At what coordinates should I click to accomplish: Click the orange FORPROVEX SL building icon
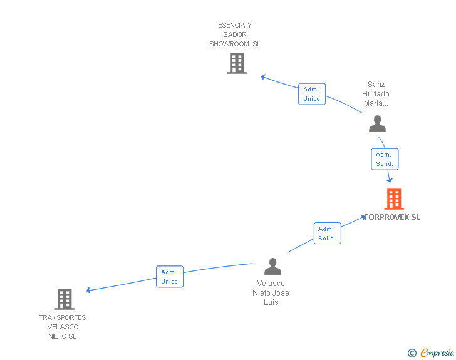click(393, 199)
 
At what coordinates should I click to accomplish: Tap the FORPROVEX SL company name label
click(393, 217)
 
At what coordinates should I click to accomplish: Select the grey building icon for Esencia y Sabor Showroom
click(236, 63)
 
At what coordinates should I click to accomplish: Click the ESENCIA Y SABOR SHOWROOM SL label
click(235, 34)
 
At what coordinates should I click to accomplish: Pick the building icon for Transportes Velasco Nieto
click(65, 299)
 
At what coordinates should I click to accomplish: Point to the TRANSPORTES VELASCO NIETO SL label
click(63, 327)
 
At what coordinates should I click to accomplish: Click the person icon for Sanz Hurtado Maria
click(377, 124)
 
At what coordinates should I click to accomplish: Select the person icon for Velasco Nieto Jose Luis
click(272, 267)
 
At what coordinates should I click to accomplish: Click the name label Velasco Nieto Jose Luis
click(271, 293)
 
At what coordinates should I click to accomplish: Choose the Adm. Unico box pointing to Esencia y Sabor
click(311, 94)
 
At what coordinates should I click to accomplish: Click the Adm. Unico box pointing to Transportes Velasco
click(169, 277)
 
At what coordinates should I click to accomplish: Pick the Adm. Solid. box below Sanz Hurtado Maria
click(384, 159)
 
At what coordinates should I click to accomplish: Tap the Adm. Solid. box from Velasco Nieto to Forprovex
click(327, 234)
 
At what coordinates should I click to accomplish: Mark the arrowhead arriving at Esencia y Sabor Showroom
click(264, 77)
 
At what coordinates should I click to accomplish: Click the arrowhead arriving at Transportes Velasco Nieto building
click(89, 290)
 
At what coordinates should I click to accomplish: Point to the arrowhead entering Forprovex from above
click(390, 180)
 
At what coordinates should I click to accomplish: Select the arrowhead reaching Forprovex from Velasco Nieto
click(363, 217)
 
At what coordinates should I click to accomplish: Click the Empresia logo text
click(437, 353)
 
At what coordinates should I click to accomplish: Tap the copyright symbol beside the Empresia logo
click(412, 353)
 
